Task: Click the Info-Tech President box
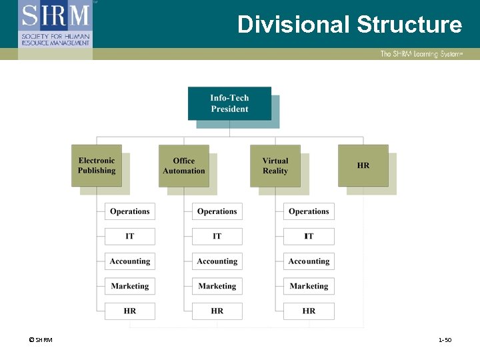pyautogui.click(x=229, y=103)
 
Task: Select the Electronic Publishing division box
pyautogui.click(x=97, y=165)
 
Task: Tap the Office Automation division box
pyautogui.click(x=184, y=165)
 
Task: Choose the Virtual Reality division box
pyautogui.click(x=275, y=165)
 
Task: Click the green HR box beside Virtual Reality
pyautogui.click(x=363, y=165)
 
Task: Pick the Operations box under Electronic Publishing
pyautogui.click(x=130, y=211)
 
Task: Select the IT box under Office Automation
pyautogui.click(x=217, y=236)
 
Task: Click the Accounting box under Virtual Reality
pyautogui.click(x=309, y=261)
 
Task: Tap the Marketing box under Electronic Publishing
pyautogui.click(x=130, y=286)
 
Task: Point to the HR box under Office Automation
pyautogui.click(x=217, y=311)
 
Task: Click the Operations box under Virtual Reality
pyautogui.click(x=309, y=211)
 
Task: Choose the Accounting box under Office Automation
pyautogui.click(x=217, y=261)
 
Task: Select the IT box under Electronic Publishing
pyautogui.click(x=130, y=236)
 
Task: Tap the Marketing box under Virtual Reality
pyautogui.click(x=309, y=286)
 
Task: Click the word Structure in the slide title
pyautogui.click(x=409, y=25)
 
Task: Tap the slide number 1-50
pyautogui.click(x=445, y=341)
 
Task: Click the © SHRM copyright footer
pyautogui.click(x=40, y=341)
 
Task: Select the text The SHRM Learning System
pyautogui.click(x=421, y=54)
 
